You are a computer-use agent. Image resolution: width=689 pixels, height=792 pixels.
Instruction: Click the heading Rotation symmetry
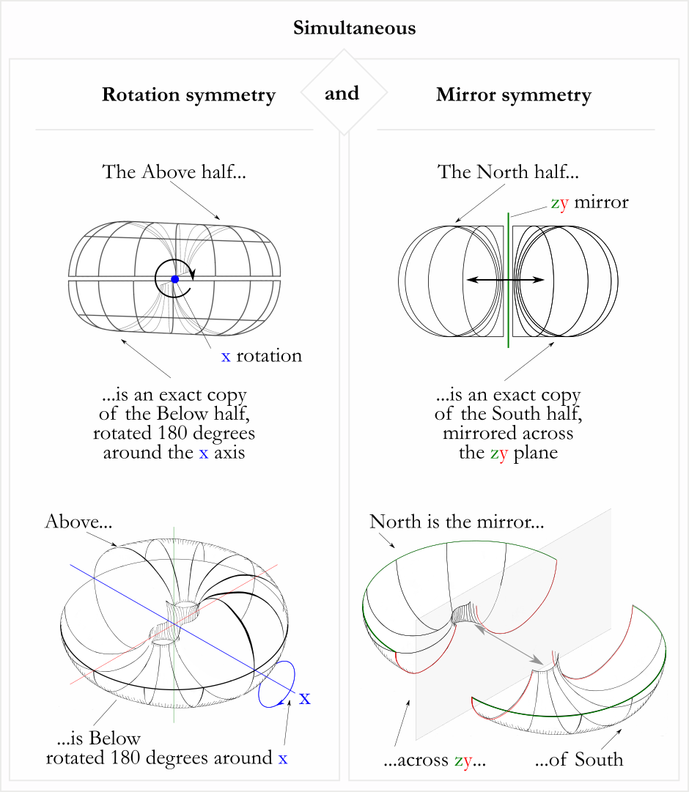188,95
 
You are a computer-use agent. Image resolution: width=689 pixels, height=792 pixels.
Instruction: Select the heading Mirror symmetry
513,95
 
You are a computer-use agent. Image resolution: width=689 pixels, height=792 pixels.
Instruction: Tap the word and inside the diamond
342,94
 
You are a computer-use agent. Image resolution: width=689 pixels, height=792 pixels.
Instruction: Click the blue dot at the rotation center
174,279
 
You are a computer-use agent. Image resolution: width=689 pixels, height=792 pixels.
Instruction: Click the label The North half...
508,173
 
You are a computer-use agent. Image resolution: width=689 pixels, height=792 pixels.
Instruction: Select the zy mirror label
589,203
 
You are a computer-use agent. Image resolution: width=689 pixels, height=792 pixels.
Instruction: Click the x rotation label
262,357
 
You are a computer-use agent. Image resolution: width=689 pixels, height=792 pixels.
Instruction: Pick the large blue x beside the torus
305,698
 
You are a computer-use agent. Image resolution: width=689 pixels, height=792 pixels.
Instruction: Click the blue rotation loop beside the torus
276,684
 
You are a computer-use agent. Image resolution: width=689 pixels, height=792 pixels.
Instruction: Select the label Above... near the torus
78,522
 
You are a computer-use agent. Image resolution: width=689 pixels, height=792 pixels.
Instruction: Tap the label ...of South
579,760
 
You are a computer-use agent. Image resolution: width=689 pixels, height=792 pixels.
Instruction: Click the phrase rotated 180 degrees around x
166,758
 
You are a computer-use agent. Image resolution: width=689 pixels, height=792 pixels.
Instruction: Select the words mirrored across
508,433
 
